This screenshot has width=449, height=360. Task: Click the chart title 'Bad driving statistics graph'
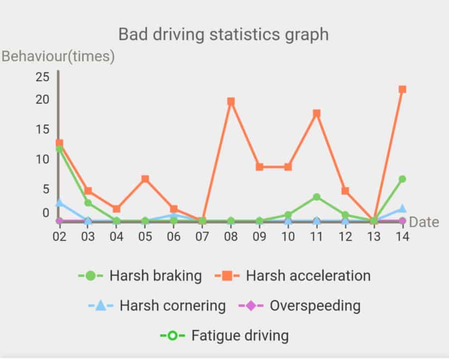[x=224, y=34]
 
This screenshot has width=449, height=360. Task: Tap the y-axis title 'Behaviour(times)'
[x=58, y=56]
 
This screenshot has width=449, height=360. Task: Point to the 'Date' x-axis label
[x=424, y=222]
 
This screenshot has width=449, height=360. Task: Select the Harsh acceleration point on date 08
[x=230, y=101]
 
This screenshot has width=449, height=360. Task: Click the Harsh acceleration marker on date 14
[x=402, y=89]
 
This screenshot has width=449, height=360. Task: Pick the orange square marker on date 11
[x=316, y=113]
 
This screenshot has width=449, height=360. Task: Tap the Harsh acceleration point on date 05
[x=145, y=179]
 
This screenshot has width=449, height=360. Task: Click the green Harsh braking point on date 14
[x=402, y=179]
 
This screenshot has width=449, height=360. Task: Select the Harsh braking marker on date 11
[x=316, y=197]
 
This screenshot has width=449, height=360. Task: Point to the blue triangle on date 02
[x=59, y=203]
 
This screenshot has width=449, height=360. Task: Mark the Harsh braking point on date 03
[x=88, y=203]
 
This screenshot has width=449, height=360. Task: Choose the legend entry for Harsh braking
[x=140, y=276]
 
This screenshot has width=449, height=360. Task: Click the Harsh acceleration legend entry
[x=293, y=276]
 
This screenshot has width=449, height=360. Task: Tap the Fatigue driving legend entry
[x=224, y=335]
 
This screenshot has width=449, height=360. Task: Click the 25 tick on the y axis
[x=42, y=76]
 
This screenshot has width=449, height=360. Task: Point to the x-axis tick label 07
[x=202, y=236]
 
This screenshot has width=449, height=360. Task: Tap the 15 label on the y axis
[x=42, y=129]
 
